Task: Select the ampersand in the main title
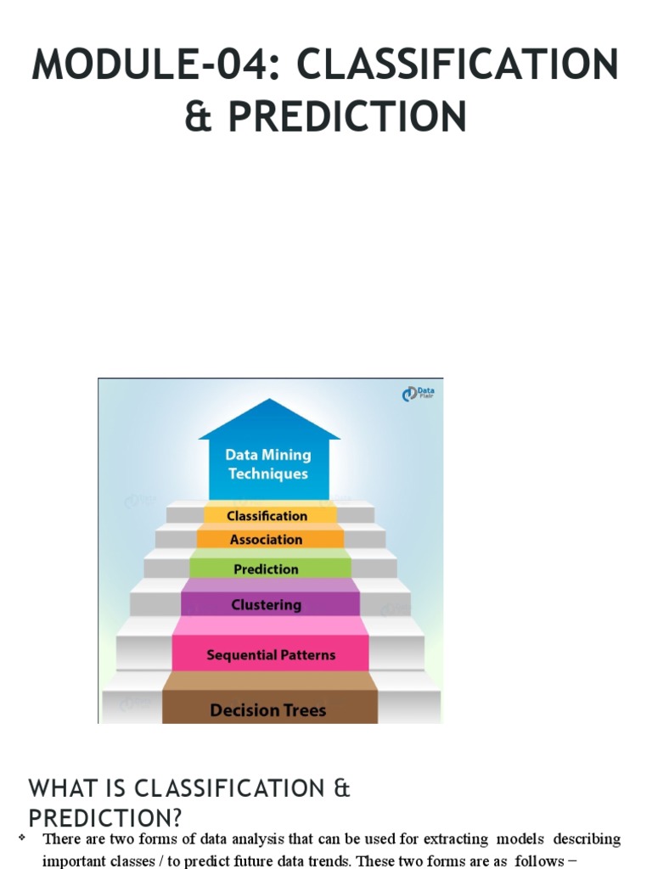point(198,115)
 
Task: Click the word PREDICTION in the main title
point(347,115)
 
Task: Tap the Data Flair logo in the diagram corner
point(419,394)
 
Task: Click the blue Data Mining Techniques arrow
point(268,463)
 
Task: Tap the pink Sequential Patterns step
point(271,655)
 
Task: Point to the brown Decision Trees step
point(268,710)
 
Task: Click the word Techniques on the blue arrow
point(268,474)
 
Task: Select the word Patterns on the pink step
point(306,655)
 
